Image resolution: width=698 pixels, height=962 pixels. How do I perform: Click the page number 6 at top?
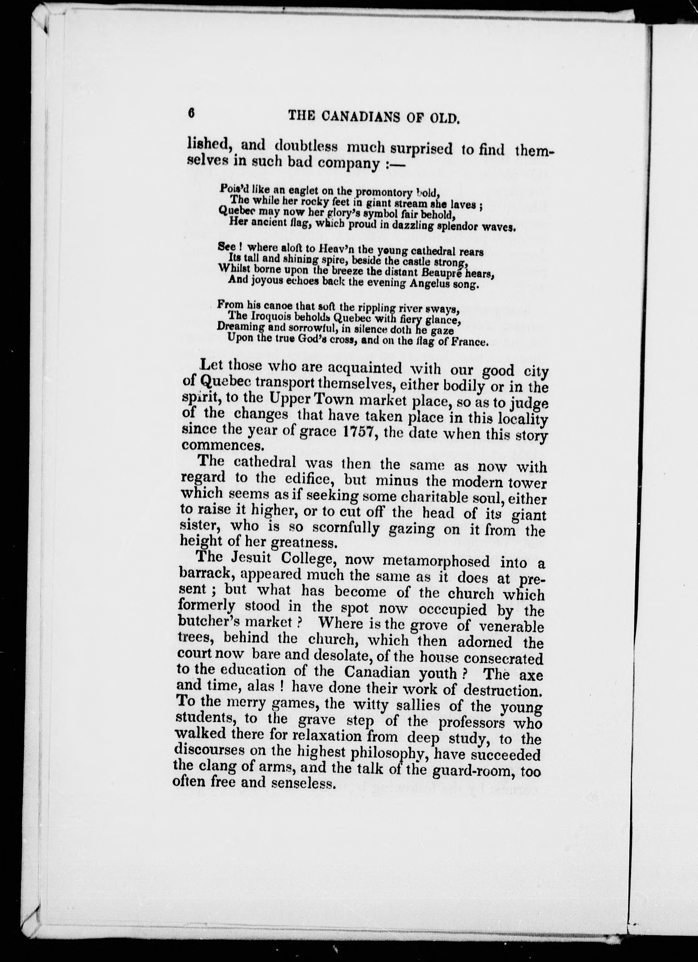(191, 113)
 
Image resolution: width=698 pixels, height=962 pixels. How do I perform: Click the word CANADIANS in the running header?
(360, 116)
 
